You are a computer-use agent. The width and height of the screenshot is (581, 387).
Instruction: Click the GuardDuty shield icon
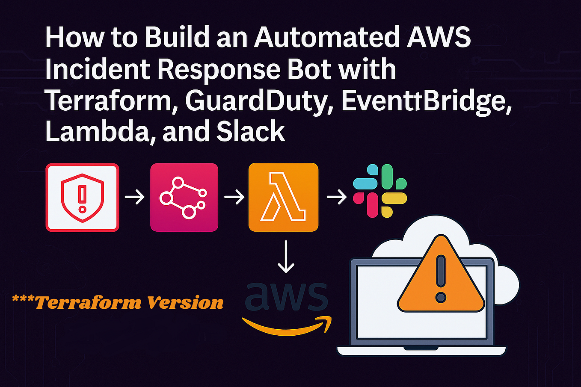pos(82,198)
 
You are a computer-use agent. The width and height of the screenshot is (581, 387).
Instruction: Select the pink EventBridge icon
pos(184,198)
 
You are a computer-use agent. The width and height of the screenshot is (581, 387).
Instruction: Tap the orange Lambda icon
pos(283,198)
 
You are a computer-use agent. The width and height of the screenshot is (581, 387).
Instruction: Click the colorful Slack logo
pos(379,191)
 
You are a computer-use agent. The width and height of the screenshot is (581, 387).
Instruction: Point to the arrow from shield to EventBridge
pos(135,198)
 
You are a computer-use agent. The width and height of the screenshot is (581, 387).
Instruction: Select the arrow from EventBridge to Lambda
pos(234,198)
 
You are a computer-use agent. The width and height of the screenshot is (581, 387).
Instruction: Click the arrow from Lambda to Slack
pos(336,198)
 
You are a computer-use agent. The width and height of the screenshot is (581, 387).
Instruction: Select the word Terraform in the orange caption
pos(88,303)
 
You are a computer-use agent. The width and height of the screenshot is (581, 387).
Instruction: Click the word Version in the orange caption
pos(185,303)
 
